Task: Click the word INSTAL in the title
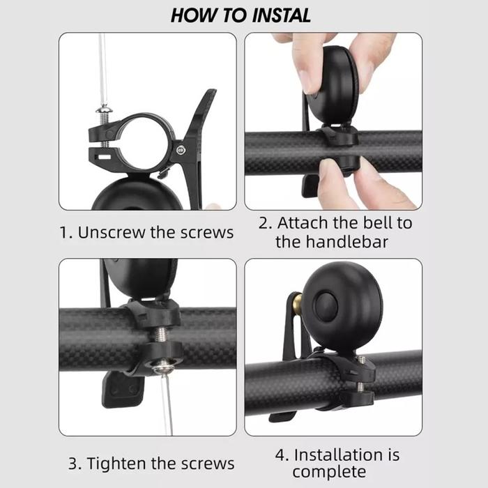click(281, 15)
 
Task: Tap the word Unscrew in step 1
click(111, 232)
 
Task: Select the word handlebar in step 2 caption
click(347, 242)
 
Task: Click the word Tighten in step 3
click(116, 464)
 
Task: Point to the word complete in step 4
click(329, 472)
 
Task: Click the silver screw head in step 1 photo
click(105, 109)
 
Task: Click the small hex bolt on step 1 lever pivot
click(181, 151)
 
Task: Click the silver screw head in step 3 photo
click(163, 367)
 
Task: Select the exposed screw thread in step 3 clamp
click(160, 335)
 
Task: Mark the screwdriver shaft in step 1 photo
click(103, 69)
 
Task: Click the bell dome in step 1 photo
click(137, 193)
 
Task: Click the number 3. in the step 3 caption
click(75, 464)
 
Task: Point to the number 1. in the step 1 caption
click(66, 232)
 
